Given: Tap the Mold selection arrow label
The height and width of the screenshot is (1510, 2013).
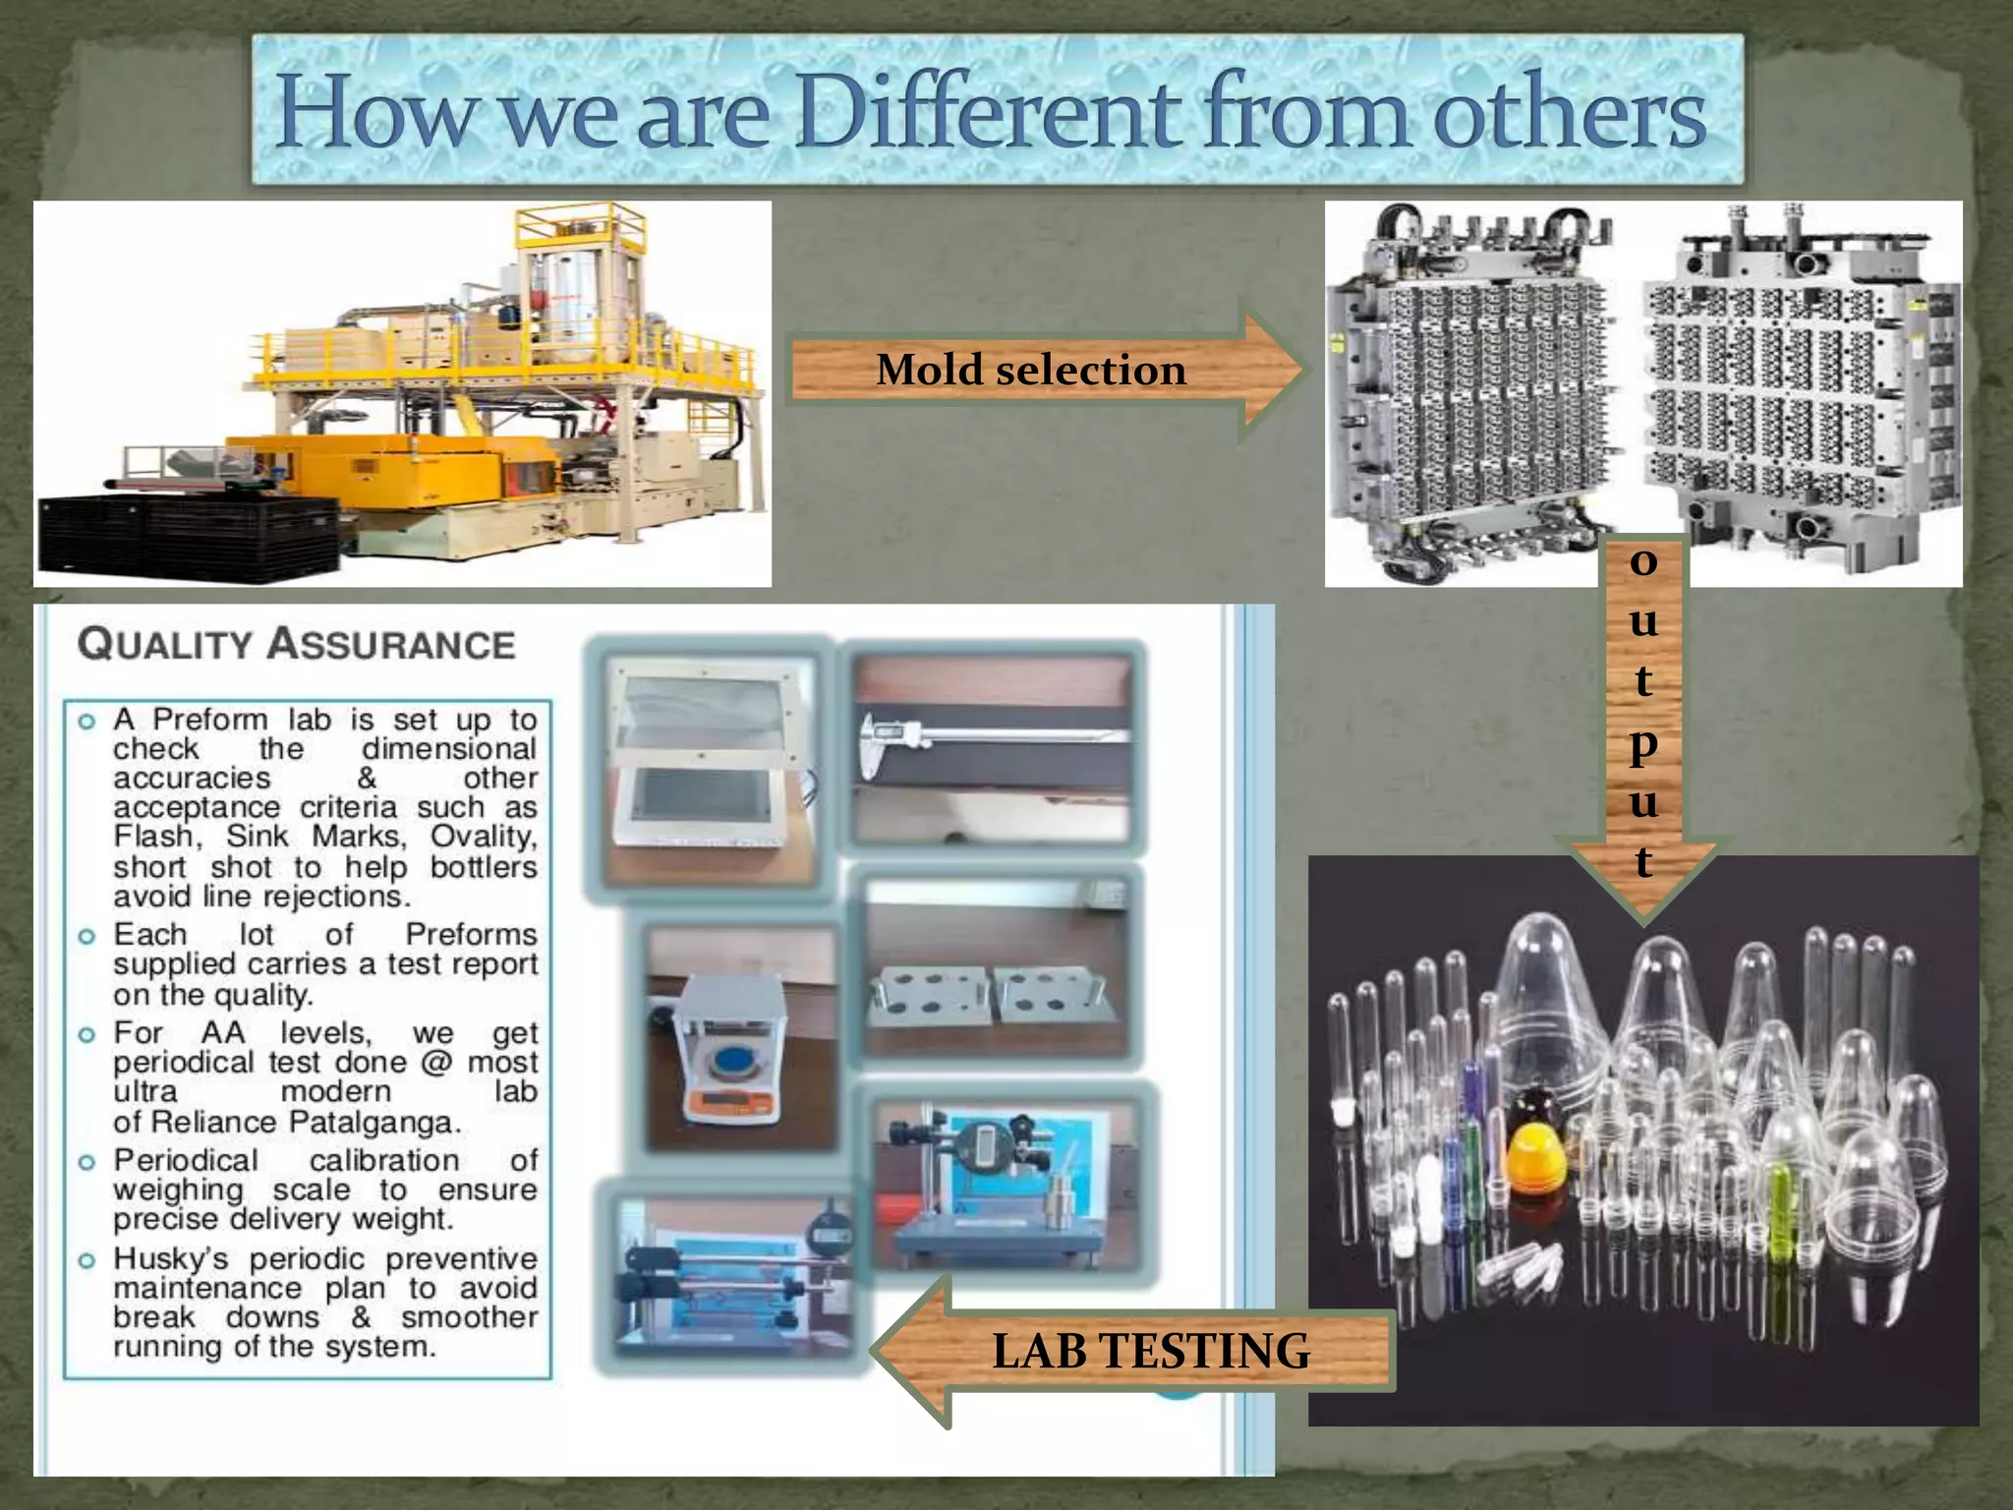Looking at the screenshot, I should tap(1031, 371).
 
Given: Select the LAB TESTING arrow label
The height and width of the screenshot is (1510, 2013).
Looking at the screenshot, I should tap(1150, 1351).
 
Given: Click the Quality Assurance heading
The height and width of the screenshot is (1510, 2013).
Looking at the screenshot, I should tap(297, 645).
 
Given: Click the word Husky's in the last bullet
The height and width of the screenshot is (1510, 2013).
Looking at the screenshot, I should tap(171, 1259).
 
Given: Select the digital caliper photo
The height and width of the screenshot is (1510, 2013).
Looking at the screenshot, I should tap(993, 747).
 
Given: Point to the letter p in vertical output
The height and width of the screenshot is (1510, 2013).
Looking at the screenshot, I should tap(1643, 744).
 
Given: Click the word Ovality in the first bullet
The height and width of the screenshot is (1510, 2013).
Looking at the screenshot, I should tap(483, 837).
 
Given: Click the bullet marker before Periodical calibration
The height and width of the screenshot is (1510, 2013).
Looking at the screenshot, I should tap(87, 1162).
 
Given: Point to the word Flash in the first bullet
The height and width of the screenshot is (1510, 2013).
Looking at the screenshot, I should tap(155, 837).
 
